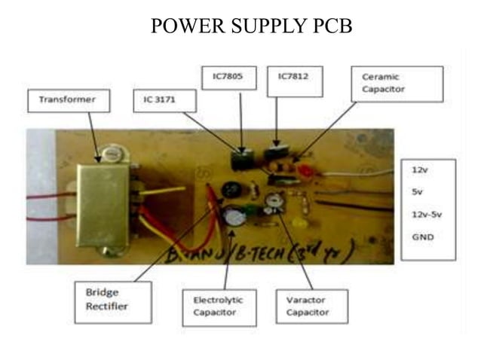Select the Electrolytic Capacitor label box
pyautogui.click(x=215, y=304)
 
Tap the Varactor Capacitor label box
pyautogui.click(x=311, y=304)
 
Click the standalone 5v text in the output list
pyautogui.click(x=417, y=191)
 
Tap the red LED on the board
pyautogui.click(x=305, y=171)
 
